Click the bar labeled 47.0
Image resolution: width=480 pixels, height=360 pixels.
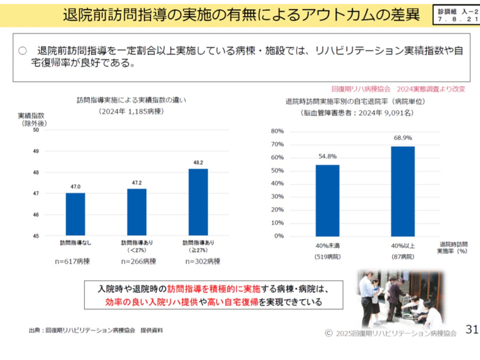[x=75, y=214]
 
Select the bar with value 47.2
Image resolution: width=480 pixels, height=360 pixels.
[x=137, y=212]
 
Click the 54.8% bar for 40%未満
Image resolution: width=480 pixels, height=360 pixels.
[x=327, y=201]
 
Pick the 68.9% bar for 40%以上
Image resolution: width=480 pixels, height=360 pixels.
[x=403, y=191]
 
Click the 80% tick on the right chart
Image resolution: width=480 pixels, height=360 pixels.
[x=277, y=132]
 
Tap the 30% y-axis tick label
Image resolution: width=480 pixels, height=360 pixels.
[x=277, y=197]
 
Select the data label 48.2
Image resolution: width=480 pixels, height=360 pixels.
[x=198, y=162]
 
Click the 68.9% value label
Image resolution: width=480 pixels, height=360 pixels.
[x=403, y=138]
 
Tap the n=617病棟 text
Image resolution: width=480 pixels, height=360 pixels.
[x=75, y=261]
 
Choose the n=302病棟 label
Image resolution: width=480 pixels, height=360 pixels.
[x=202, y=261]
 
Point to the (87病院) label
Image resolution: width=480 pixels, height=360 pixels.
[x=403, y=256]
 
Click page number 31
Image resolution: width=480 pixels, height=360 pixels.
[x=472, y=329]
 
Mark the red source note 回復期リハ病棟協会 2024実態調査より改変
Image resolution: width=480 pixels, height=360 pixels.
[x=398, y=88]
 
